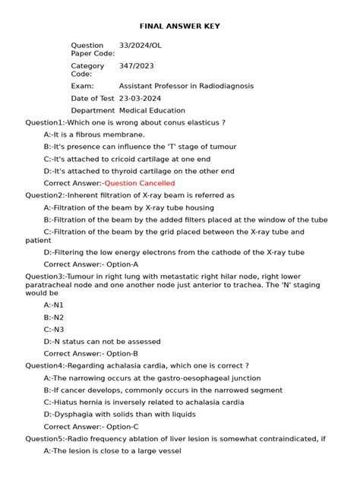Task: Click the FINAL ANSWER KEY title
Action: click(180, 27)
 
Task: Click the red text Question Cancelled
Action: click(140, 183)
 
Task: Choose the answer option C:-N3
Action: click(54, 329)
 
